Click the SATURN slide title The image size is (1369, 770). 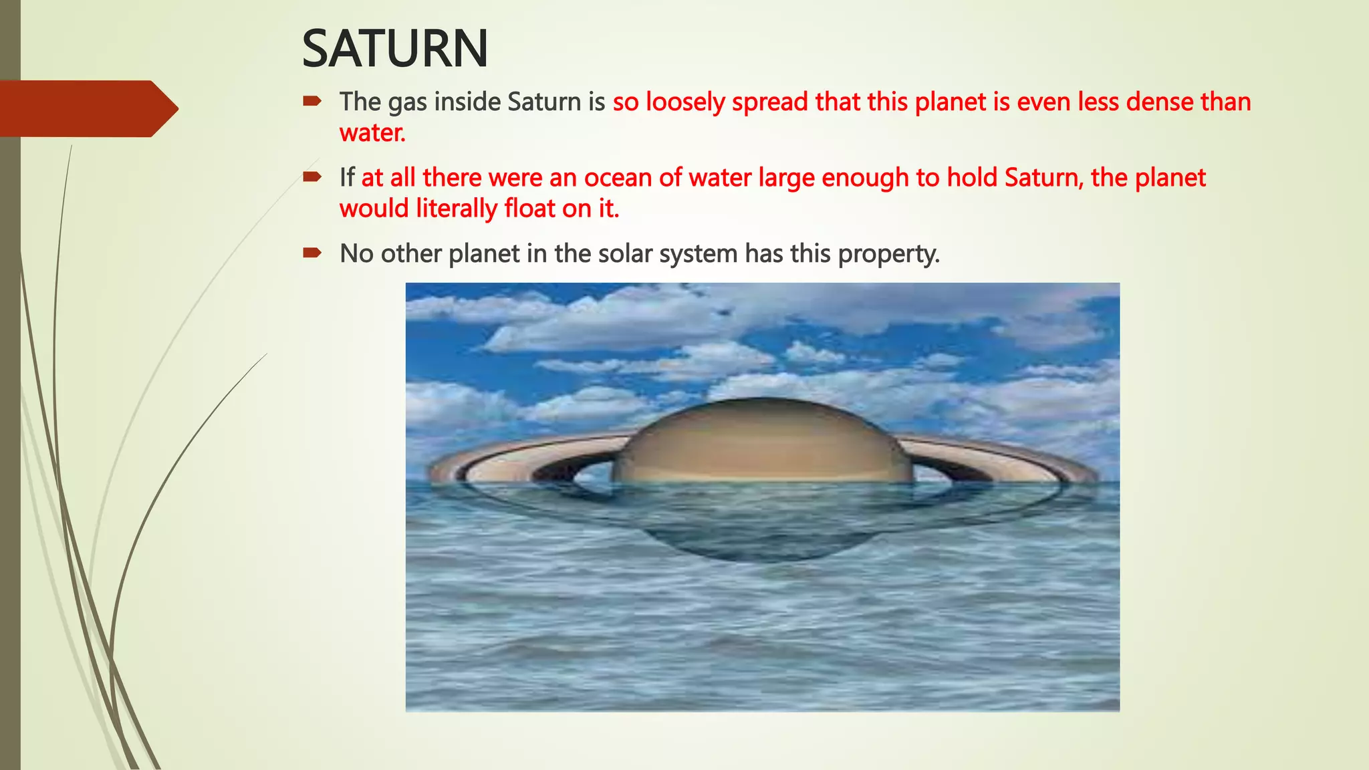[x=394, y=49]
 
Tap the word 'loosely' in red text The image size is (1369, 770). [x=684, y=102]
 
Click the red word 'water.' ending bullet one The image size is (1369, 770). [x=372, y=133]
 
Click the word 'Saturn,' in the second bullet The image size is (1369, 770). [x=1043, y=178]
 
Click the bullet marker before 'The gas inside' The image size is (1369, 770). [x=312, y=102]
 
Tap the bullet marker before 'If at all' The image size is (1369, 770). [x=312, y=177]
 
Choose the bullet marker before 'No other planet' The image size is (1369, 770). [x=312, y=253]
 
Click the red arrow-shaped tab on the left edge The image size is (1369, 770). [x=87, y=108]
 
